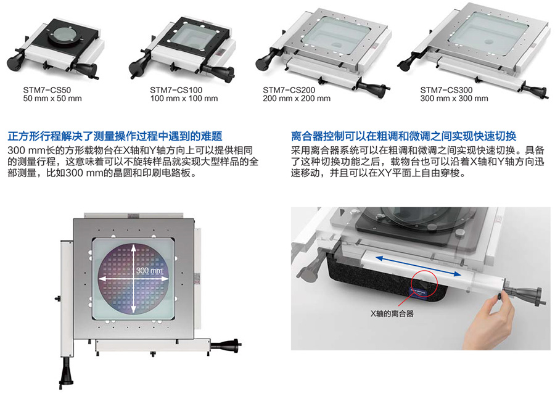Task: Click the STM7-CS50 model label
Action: [47, 90]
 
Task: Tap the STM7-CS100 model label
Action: [176, 90]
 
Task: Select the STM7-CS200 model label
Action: [289, 90]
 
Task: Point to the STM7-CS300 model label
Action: [446, 90]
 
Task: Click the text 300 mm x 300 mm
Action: [454, 99]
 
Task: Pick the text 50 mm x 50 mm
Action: [52, 99]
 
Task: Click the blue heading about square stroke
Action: [115, 136]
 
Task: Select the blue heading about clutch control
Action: [403, 136]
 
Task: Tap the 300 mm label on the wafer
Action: [149, 271]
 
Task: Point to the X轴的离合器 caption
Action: [392, 314]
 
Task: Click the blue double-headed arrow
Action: [418, 266]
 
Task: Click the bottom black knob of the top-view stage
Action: [66, 373]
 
